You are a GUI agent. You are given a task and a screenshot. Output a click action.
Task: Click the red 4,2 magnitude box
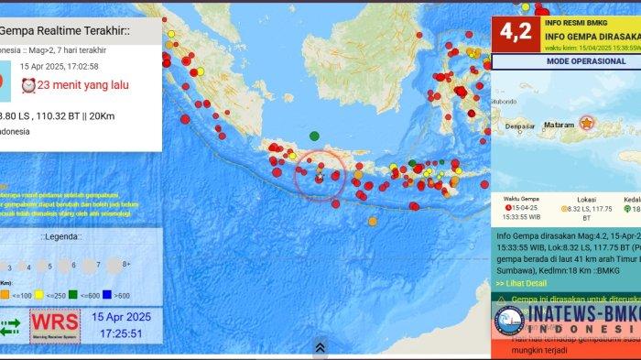coord(516,32)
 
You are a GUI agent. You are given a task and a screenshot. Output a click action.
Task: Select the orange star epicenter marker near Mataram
coord(586,122)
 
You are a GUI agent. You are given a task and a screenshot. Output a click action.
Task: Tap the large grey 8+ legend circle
coord(114,267)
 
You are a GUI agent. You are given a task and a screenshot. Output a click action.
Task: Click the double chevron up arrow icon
coord(320,347)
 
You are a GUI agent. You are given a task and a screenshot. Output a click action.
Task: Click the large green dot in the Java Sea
coord(314,135)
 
